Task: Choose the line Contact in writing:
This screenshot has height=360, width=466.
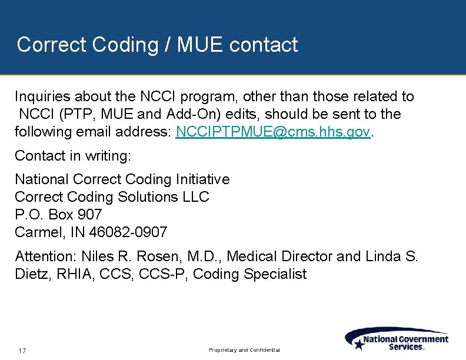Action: [73, 156]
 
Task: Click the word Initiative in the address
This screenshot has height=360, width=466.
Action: [200, 179]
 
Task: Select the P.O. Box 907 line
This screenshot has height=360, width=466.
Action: [58, 215]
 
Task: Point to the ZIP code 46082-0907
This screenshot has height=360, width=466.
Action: [128, 232]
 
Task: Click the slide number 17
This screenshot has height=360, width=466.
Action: [22, 351]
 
